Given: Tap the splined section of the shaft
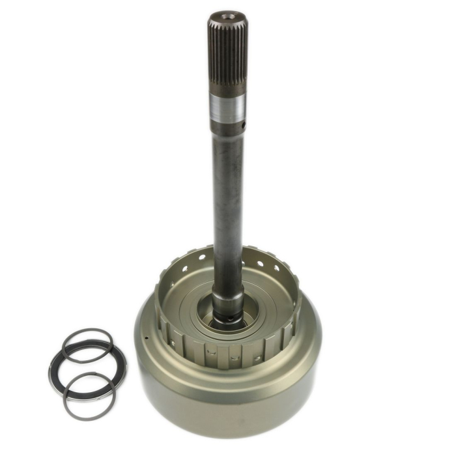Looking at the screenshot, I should click(227, 52).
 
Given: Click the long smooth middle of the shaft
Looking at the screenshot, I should click(227, 208).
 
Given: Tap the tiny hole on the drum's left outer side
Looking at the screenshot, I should click(147, 338).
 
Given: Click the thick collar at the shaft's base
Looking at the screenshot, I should click(227, 303).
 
